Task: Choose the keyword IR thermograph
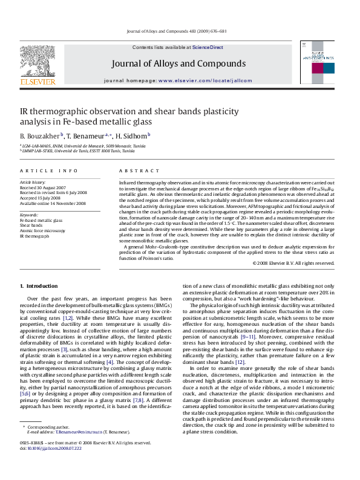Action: point(34,236)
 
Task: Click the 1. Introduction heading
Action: point(39,285)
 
